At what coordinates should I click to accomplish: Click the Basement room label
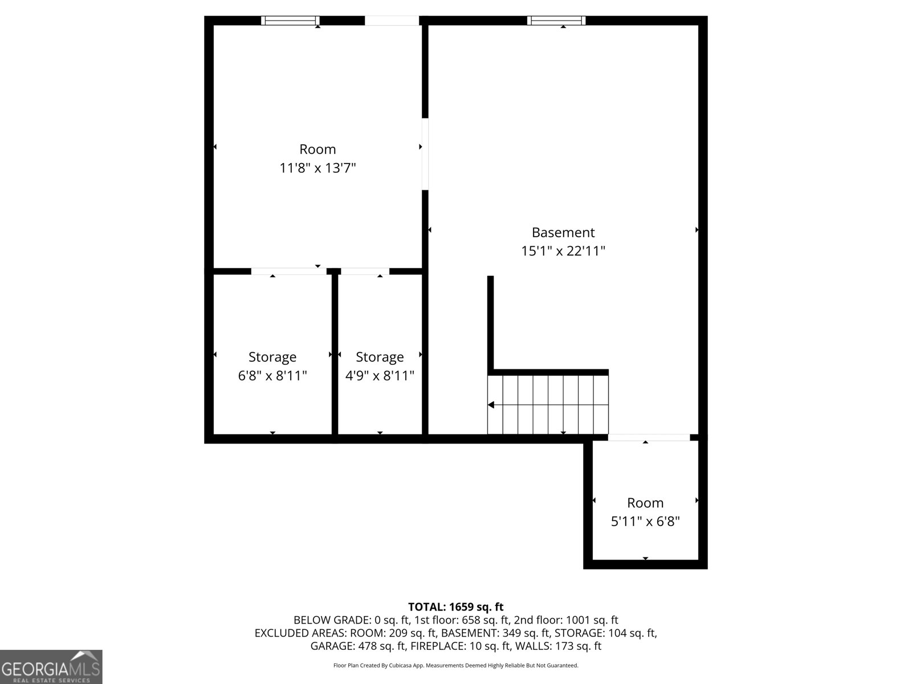tap(563, 233)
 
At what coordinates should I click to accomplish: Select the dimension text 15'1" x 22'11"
tap(563, 251)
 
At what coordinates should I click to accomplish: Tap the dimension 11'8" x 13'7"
tap(317, 168)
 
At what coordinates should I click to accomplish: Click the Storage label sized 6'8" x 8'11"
tap(272, 357)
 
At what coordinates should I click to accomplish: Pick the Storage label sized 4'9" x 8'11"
tap(380, 357)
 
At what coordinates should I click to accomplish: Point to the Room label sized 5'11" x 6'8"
tap(645, 503)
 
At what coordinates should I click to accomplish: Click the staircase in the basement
tap(548, 405)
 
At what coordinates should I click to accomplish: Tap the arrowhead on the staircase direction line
tap(491, 405)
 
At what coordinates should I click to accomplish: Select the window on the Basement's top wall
tap(556, 21)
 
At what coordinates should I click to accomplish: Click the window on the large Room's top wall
tap(290, 21)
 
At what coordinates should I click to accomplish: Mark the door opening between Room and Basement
tap(425, 154)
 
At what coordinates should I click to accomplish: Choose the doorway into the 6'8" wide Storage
tap(289, 271)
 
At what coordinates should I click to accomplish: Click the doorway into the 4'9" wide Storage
tap(365, 271)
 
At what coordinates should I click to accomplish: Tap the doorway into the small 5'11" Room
tap(649, 437)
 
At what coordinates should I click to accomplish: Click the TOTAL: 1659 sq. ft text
tap(455, 607)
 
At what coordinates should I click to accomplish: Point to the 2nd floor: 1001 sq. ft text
tap(565, 620)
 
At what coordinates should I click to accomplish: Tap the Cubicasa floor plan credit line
tap(455, 665)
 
